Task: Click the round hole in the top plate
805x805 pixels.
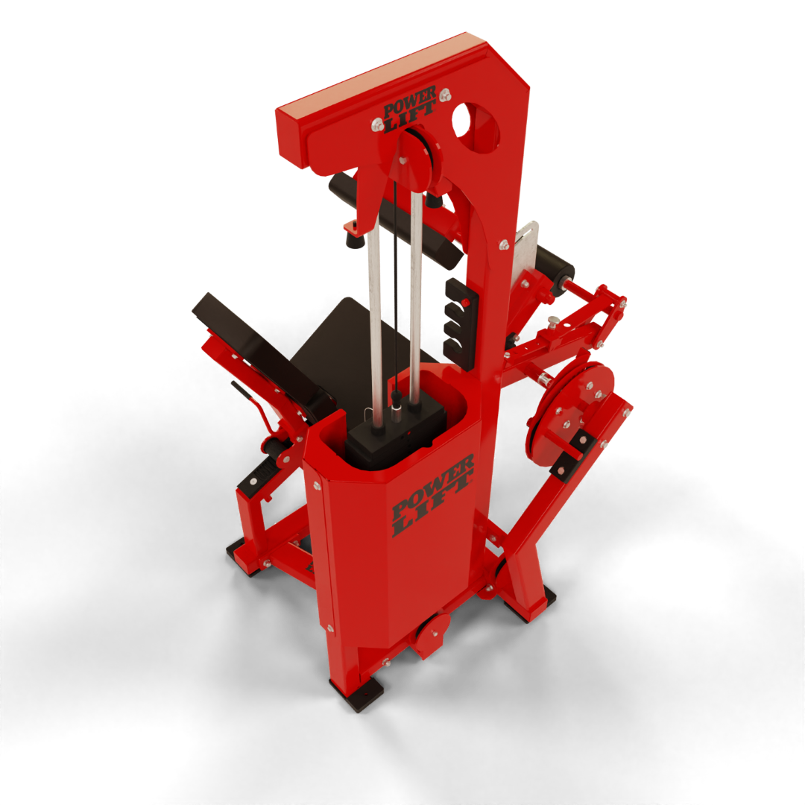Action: point(475,127)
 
